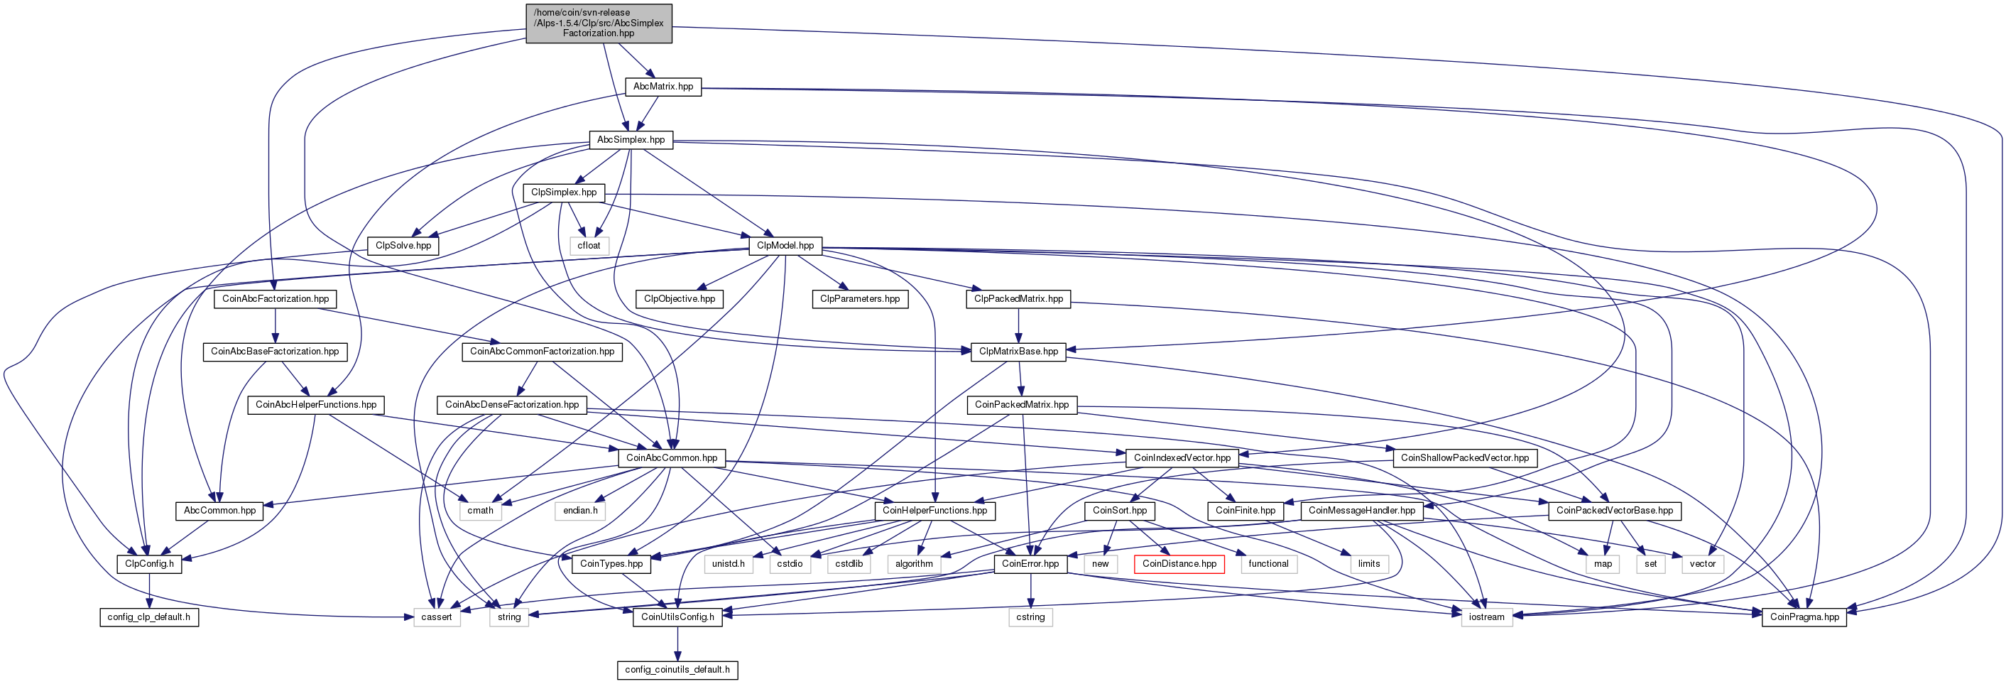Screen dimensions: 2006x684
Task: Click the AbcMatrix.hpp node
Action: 663,87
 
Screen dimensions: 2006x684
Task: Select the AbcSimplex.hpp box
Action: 631,140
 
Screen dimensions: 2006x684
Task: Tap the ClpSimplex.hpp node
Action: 564,192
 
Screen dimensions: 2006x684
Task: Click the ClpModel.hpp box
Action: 785,245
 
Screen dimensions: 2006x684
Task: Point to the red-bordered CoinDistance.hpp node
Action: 1179,564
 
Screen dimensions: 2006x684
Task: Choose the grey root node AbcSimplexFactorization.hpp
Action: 599,23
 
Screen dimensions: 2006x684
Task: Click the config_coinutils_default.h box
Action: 677,670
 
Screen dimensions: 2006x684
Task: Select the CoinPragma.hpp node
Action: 1804,617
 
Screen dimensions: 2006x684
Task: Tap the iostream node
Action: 1487,617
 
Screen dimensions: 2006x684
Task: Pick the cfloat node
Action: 589,245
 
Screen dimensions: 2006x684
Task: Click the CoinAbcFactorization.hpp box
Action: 276,299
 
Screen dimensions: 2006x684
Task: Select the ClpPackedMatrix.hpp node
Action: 1018,299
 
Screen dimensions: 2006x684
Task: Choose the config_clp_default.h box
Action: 148,617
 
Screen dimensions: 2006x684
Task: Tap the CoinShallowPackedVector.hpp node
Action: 1465,458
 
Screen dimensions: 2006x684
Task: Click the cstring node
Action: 1030,617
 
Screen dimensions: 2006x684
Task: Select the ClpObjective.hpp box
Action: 679,299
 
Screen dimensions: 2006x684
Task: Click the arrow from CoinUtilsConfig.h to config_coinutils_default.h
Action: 677,644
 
